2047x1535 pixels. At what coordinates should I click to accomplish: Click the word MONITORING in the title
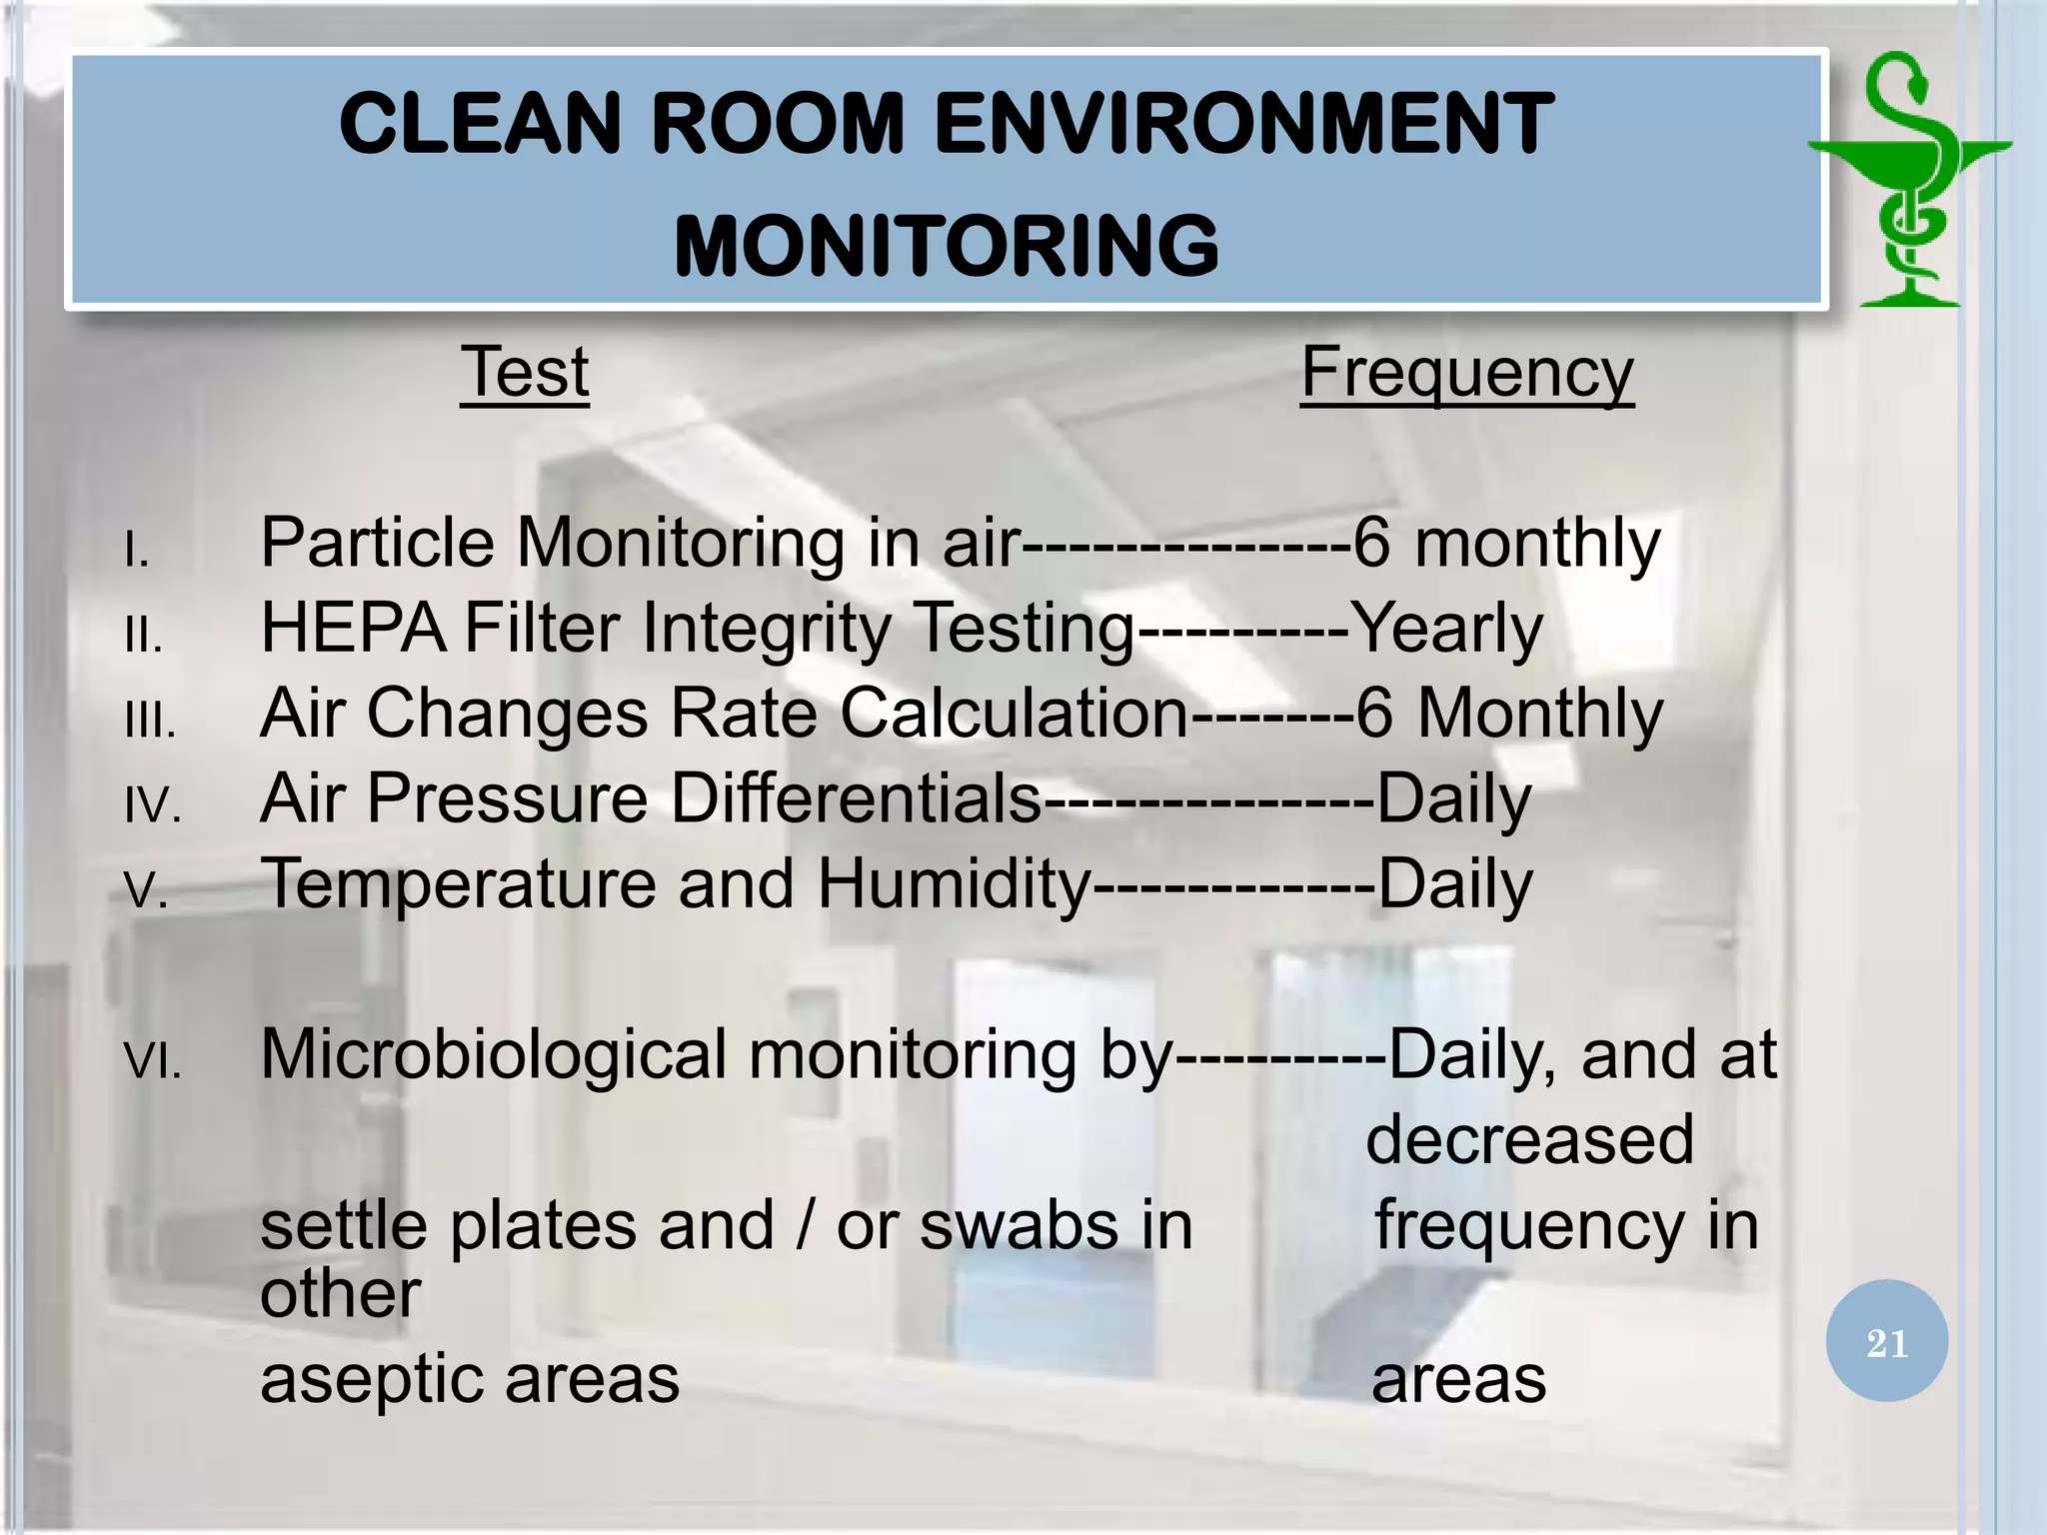(946, 246)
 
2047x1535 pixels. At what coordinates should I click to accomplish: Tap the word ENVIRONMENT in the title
(1243, 124)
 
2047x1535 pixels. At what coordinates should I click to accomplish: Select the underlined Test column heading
(525, 373)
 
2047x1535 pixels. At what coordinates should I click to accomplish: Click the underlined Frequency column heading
(1466, 373)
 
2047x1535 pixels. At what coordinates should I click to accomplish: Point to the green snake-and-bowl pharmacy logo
(1909, 180)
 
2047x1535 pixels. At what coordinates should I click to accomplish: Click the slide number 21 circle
(1886, 1342)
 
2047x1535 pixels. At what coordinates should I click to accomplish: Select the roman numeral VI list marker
(153, 1060)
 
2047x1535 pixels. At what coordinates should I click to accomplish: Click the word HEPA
(353, 629)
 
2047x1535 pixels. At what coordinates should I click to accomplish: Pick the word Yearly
(1446, 629)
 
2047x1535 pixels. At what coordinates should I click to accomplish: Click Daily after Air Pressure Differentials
(1453, 799)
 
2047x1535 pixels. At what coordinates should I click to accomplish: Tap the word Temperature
(457, 884)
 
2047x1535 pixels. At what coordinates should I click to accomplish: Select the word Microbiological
(494, 1055)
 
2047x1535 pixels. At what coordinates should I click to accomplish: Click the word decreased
(1529, 1140)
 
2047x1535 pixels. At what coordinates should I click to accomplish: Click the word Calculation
(1014, 714)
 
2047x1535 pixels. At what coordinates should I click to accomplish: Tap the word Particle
(378, 543)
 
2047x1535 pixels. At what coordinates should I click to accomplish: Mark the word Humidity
(954, 884)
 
